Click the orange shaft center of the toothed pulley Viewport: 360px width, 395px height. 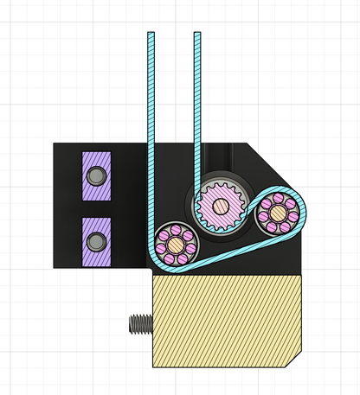222,206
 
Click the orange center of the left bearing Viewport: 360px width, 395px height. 175,245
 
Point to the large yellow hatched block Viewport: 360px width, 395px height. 227,321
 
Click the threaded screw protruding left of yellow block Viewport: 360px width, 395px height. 138,325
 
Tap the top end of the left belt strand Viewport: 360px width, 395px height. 151,35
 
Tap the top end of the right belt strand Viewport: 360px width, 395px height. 197,35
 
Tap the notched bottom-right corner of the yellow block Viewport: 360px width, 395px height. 298,359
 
